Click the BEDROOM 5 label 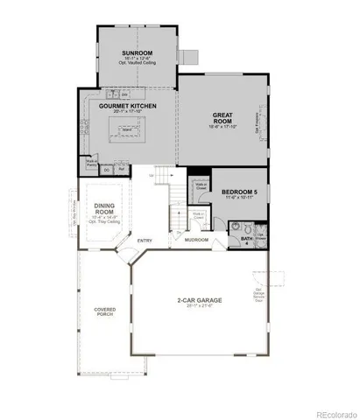click(238, 192)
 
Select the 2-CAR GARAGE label click(198, 300)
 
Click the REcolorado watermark click(333, 413)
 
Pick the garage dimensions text click(198, 307)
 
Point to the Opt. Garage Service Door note click(259, 295)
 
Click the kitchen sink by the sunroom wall click(119, 93)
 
